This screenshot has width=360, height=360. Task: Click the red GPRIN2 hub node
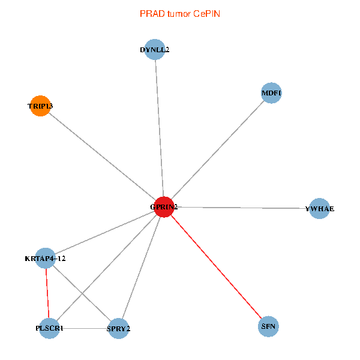[164, 207]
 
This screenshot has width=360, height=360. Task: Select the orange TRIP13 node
[40, 106]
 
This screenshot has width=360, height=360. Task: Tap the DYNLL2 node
[155, 50]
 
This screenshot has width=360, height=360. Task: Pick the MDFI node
[271, 93]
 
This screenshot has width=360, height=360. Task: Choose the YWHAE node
[319, 209]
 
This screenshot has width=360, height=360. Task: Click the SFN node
[269, 327]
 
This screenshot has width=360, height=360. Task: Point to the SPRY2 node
[119, 328]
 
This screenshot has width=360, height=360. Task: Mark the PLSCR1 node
[49, 328]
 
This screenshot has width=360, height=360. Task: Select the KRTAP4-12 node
[46, 259]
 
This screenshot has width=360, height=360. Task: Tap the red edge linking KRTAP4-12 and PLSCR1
[47, 293]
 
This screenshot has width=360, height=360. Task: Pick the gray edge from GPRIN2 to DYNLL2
[159, 128]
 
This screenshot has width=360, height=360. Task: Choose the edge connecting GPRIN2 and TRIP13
[102, 157]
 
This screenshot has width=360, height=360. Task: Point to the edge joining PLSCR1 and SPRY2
[84, 328]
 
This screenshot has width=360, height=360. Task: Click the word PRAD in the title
[150, 13]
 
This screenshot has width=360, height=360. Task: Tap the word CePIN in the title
[207, 13]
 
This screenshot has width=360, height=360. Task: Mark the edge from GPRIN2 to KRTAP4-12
[105, 233]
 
